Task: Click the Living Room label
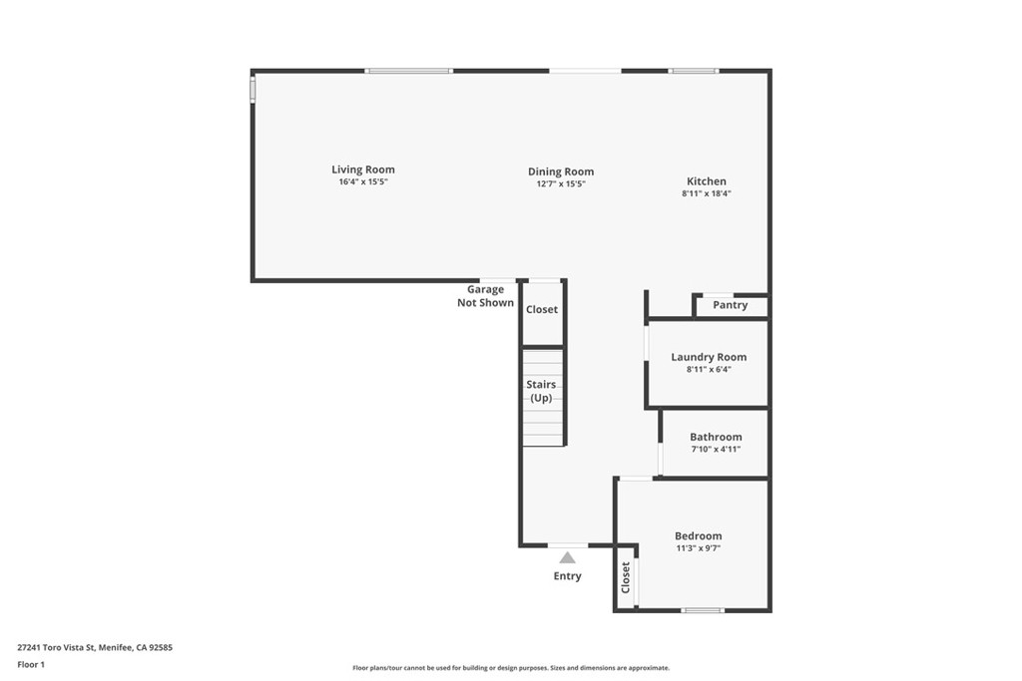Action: point(363,170)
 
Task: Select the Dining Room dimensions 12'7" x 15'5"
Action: point(561,183)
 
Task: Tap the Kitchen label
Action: point(707,181)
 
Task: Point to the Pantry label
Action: point(730,305)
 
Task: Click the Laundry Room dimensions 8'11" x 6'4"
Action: point(709,369)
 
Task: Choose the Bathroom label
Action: point(716,437)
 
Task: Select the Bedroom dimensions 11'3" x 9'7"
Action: point(698,548)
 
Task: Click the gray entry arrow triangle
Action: point(567,557)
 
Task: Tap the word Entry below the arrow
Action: point(567,575)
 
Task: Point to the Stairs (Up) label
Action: point(541,391)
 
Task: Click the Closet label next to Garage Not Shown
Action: point(542,309)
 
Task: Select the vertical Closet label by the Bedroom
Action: point(626,577)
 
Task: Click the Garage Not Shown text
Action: point(486,295)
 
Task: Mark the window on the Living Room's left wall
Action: point(253,89)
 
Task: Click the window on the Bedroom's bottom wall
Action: point(703,610)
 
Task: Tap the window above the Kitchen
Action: point(693,71)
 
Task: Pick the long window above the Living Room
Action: point(408,71)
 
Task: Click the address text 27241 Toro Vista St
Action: point(57,647)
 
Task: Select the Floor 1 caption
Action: point(31,665)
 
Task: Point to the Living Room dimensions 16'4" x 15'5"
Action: point(363,181)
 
